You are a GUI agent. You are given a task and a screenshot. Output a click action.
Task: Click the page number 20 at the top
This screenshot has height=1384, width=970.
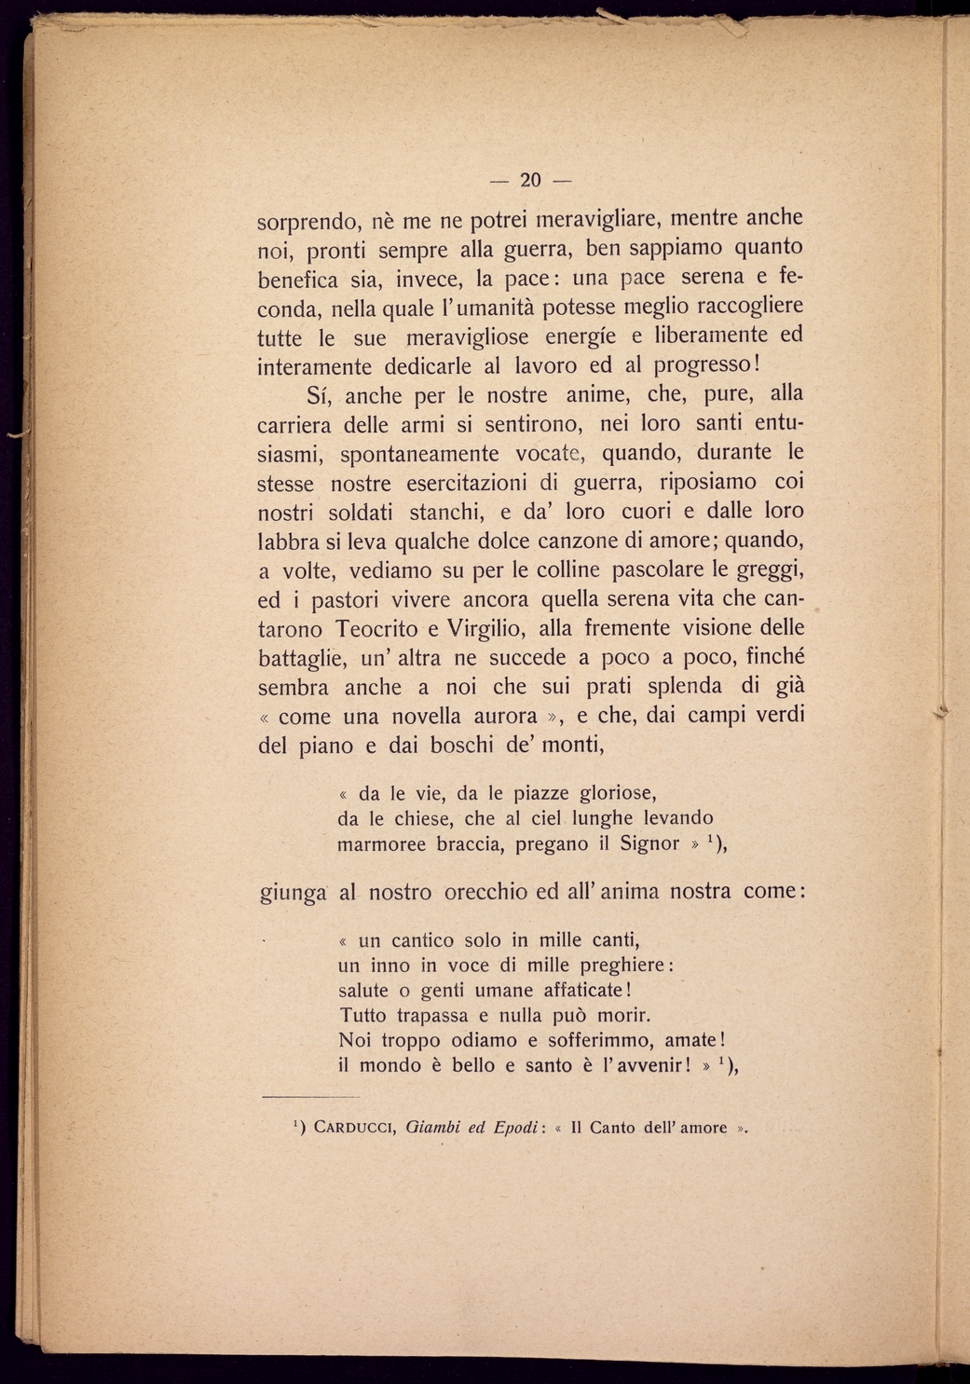click(530, 180)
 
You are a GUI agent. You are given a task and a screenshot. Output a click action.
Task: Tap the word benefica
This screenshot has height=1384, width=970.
click(298, 279)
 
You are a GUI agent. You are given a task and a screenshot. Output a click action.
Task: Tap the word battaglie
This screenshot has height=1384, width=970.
click(301, 659)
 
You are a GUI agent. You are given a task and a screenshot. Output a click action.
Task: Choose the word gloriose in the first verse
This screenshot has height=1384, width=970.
click(618, 793)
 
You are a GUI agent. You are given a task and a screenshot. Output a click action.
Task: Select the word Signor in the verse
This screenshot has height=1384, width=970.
click(649, 843)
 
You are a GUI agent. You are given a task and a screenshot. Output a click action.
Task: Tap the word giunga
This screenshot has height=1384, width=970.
click(292, 894)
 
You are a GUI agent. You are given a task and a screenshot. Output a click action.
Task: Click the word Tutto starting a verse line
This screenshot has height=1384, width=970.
click(363, 1015)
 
